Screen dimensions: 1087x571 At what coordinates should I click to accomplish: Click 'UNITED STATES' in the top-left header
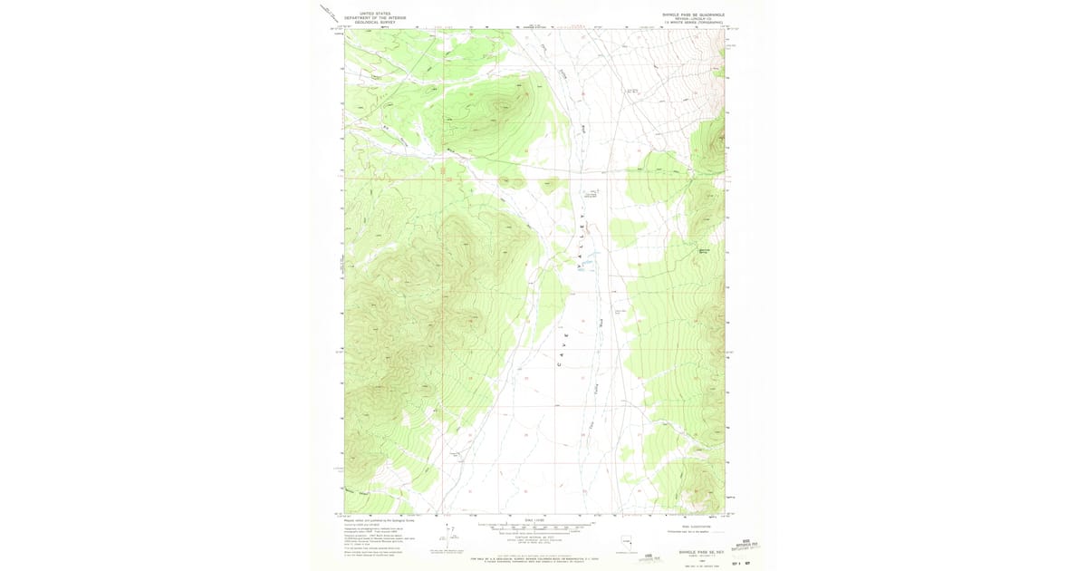(382, 14)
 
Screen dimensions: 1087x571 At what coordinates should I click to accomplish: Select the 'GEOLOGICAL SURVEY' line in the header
(382, 22)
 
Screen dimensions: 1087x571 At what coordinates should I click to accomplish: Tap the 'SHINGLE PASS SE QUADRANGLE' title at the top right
(693, 14)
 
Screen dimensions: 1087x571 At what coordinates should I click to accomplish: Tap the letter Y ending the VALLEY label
(584, 206)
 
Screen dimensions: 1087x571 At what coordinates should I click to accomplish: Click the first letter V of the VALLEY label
(577, 266)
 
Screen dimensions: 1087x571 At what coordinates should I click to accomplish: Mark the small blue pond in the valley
(586, 264)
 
